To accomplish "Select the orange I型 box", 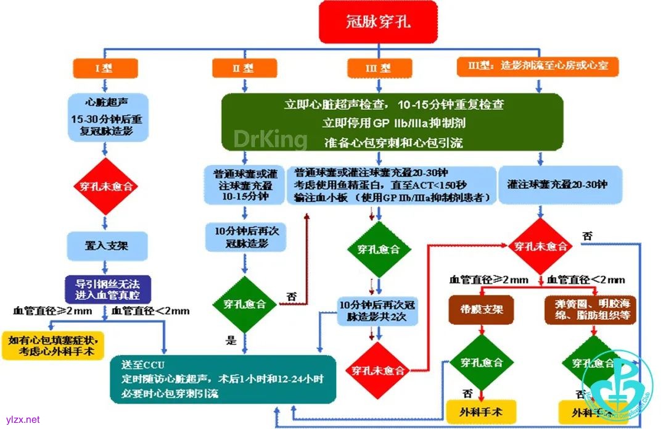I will coord(105,67).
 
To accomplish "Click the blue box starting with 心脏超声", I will coord(106,117).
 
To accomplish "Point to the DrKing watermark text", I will coord(270,138).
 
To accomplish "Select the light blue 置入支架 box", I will coord(107,245).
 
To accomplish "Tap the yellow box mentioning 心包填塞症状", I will coord(53,346).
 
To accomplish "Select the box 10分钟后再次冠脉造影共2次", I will coord(378,311).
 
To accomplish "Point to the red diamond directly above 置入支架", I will coord(107,186).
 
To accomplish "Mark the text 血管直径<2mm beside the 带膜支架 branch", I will coord(586,280).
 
